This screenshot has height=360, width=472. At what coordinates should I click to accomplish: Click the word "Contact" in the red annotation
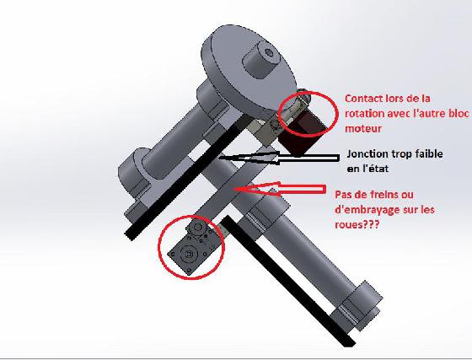[360, 99]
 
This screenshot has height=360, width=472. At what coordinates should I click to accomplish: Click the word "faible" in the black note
[429, 153]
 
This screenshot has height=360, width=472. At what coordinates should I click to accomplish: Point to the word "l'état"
[375, 169]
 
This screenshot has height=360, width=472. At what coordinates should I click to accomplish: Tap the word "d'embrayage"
[362, 210]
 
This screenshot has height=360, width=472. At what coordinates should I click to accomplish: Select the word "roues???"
[357, 224]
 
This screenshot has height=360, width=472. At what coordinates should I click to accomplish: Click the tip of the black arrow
[219, 157]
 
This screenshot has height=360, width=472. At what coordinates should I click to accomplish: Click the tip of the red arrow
[235, 189]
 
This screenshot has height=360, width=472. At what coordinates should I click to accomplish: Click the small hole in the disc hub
[269, 53]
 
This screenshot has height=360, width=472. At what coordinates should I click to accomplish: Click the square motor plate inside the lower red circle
[189, 254]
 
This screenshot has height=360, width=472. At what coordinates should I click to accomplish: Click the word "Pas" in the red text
[343, 195]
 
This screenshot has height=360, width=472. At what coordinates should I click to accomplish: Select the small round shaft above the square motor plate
[198, 227]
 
